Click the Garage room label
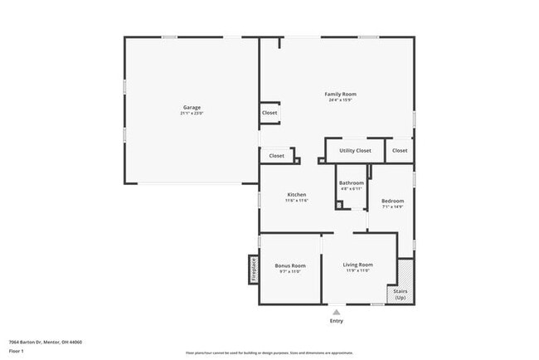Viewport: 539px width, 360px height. pyautogui.click(x=192, y=107)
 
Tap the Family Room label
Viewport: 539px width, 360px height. pyautogui.click(x=340, y=95)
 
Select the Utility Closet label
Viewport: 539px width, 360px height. pyautogui.click(x=355, y=151)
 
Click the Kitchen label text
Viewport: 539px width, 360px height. pyautogui.click(x=297, y=195)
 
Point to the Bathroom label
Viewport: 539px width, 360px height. pyautogui.click(x=351, y=182)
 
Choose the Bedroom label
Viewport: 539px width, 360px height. pyautogui.click(x=392, y=201)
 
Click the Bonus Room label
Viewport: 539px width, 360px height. pyautogui.click(x=290, y=265)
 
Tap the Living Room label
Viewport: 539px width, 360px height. pyautogui.click(x=357, y=265)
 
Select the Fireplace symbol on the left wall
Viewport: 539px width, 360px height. pyautogui.click(x=253, y=270)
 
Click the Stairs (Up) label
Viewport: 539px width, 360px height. pyautogui.click(x=401, y=294)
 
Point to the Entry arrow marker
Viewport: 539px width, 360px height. pyautogui.click(x=336, y=312)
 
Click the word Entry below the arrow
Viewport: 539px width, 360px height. pyautogui.click(x=336, y=321)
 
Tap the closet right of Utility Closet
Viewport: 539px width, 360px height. pyautogui.click(x=400, y=151)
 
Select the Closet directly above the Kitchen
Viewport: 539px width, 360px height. pyautogui.click(x=276, y=155)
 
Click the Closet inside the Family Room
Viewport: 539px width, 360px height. pyautogui.click(x=269, y=113)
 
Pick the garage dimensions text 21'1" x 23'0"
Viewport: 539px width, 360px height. pyautogui.click(x=192, y=113)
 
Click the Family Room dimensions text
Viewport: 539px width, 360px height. pyautogui.click(x=340, y=100)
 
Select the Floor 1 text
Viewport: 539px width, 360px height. pyautogui.click(x=17, y=351)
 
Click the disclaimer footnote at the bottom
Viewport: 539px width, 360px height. pyautogui.click(x=269, y=353)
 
